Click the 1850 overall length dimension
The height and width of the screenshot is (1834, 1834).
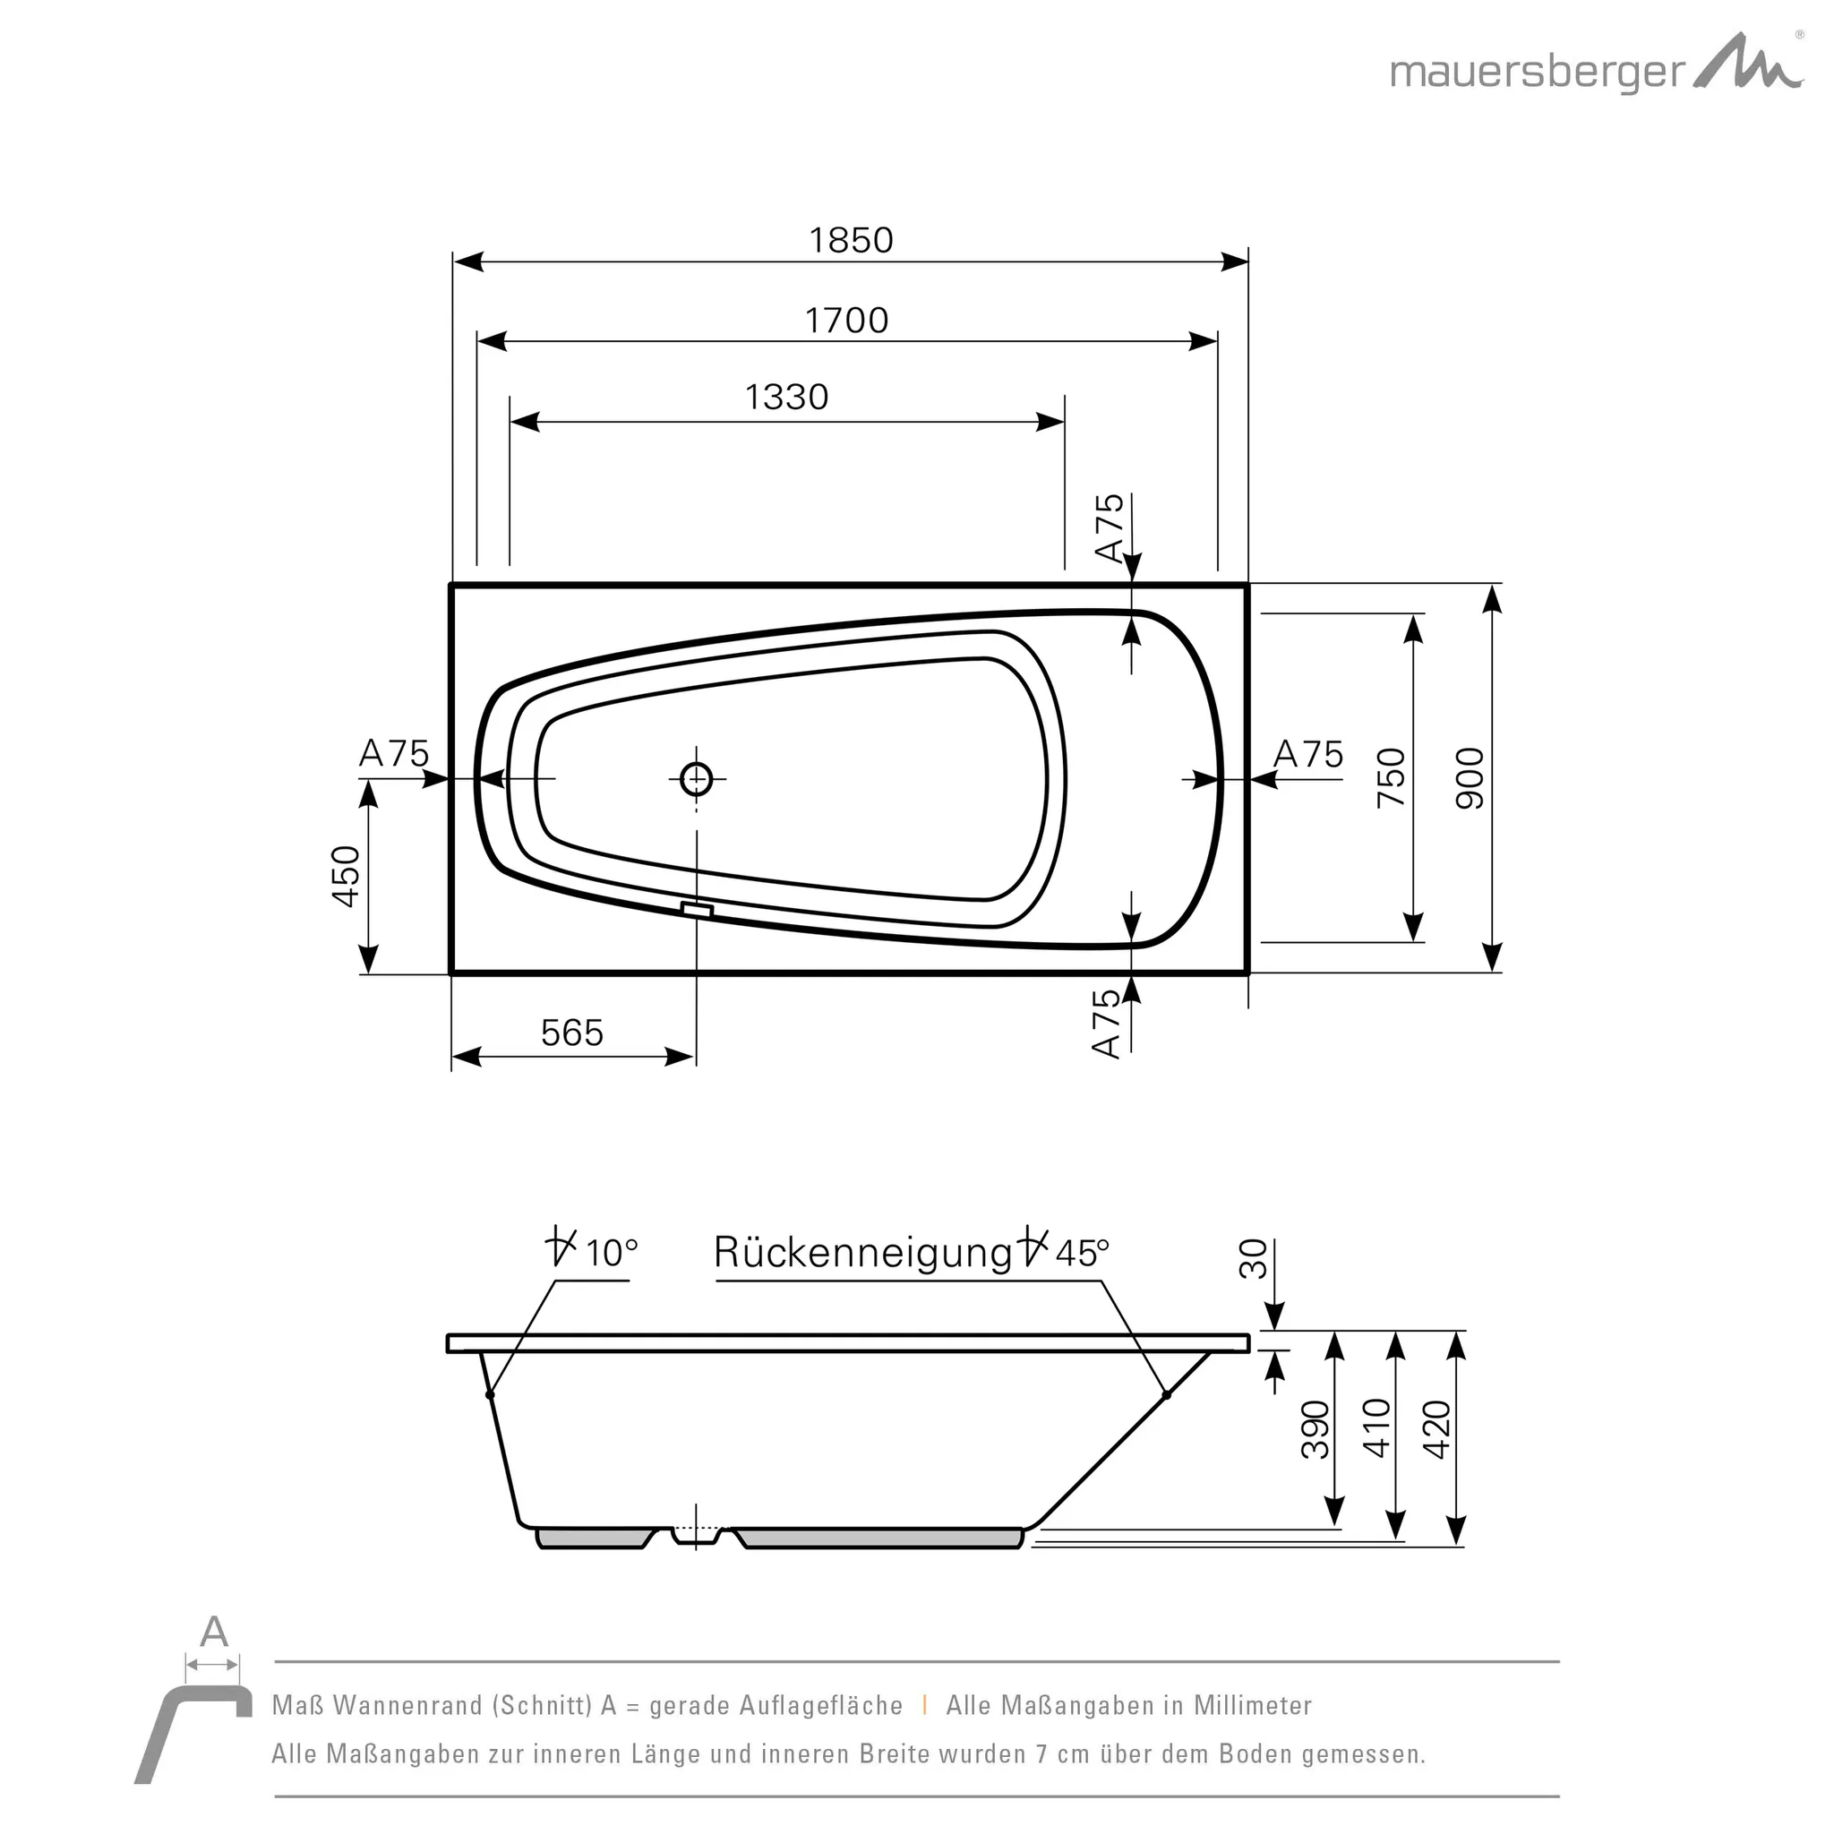pos(851,241)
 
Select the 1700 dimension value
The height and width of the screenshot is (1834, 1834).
pos(847,321)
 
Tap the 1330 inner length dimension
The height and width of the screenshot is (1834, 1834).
pos(786,397)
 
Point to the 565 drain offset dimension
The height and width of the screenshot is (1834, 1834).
pos(571,1033)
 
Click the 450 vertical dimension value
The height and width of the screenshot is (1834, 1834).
pos(347,876)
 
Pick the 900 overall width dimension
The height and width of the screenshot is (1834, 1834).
pos(1470,778)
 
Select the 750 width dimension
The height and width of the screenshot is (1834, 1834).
pos(1391,778)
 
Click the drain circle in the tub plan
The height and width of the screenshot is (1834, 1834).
pos(697,779)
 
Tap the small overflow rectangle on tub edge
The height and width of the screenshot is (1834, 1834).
pos(697,911)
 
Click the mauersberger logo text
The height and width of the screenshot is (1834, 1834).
pos(1538,73)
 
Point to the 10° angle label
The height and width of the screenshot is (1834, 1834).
pos(611,1253)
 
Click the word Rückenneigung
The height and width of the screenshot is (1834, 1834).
pos(863,1253)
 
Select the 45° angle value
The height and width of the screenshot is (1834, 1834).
pos(1082,1253)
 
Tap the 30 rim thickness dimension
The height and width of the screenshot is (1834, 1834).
pos(1254,1259)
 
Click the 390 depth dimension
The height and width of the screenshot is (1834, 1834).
pos(1315,1429)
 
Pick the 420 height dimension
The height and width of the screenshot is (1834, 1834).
pos(1437,1429)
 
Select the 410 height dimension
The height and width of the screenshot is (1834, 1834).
pos(1376,1429)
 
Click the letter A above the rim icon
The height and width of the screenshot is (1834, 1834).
pos(214,1633)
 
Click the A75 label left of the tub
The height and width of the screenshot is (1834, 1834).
pos(394,754)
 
